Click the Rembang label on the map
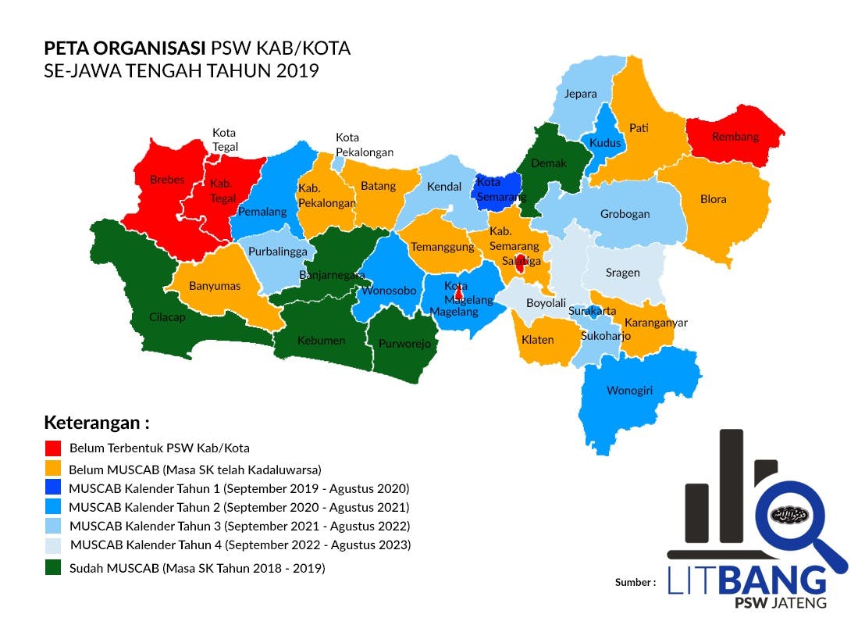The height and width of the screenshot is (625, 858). tap(735, 137)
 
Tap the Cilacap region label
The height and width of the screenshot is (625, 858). tap(166, 317)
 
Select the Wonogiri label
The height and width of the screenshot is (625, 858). tap(629, 391)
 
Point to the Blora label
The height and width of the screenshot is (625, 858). tap(713, 199)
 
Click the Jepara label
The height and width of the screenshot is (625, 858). tap(580, 94)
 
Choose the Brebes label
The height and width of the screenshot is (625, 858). tap(167, 180)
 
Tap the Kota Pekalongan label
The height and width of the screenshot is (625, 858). tap(365, 145)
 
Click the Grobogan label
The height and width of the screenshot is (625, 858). tap(625, 214)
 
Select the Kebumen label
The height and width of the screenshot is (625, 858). tap(321, 341)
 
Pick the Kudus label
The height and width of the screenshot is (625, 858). tap(605, 143)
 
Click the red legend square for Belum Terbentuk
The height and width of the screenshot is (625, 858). tap(53, 448)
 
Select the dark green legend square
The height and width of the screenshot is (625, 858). tap(53, 568)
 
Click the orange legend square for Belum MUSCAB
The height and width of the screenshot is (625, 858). tap(53, 469)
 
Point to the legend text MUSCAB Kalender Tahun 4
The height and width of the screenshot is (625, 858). tap(240, 545)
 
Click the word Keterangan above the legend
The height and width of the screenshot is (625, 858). tap(96, 423)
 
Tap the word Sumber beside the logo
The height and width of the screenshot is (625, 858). tap(635, 582)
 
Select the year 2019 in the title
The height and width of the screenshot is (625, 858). tap(297, 70)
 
